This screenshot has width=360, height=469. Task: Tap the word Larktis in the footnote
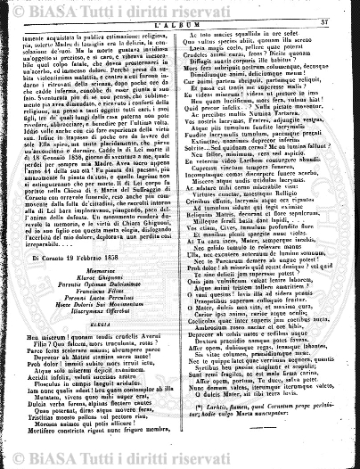pos(219,422)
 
